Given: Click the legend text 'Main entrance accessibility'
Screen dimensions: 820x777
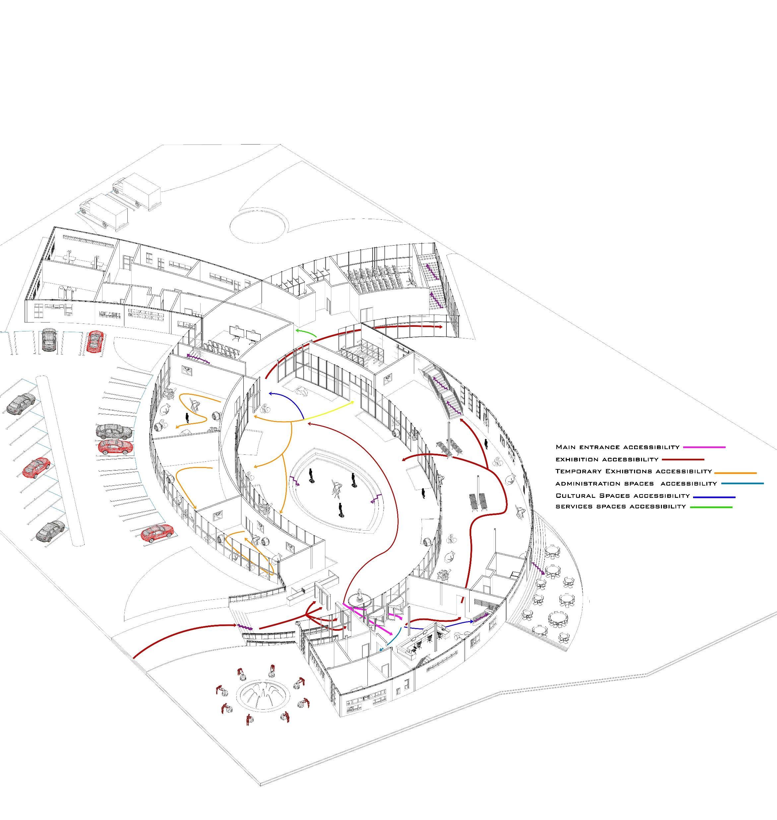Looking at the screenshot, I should [617, 447].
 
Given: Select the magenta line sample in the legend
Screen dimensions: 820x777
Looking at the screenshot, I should [704, 447].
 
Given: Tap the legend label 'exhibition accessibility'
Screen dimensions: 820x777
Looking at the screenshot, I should [607, 459].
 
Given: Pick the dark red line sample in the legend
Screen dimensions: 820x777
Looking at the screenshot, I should [683, 459].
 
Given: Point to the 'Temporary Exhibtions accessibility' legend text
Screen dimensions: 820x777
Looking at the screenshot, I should [633, 471].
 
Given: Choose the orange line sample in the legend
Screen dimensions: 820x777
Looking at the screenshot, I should [736, 473].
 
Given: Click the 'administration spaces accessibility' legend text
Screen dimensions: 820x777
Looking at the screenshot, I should [636, 484].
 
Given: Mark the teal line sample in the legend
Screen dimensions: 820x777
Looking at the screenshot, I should [742, 484].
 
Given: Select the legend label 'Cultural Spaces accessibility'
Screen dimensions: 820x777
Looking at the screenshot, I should [622, 496].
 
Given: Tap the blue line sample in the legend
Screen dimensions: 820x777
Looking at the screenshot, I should [714, 497].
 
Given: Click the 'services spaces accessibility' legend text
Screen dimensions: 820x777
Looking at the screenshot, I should [620, 507].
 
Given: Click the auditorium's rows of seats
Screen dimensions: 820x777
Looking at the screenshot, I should [373, 275].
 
